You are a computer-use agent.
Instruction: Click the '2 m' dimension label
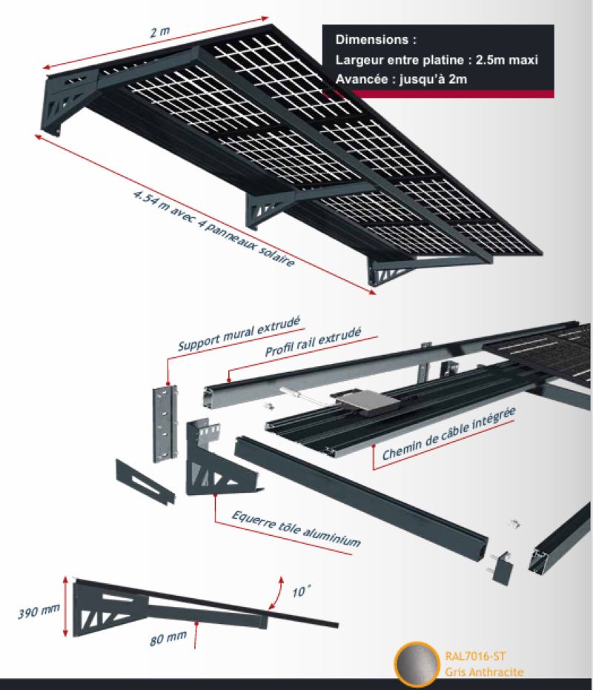click(159, 32)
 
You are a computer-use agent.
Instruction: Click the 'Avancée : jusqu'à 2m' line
click(401, 79)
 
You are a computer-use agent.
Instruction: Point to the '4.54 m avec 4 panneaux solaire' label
click(214, 228)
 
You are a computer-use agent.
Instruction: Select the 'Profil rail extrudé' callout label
click(313, 342)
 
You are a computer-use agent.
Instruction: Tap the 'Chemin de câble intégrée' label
click(448, 434)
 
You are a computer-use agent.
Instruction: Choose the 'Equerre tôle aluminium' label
click(296, 528)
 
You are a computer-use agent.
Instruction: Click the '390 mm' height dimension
click(39, 611)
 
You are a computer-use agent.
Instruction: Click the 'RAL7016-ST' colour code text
click(475, 657)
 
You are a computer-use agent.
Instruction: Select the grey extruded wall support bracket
click(165, 423)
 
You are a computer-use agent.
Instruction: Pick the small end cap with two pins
click(502, 568)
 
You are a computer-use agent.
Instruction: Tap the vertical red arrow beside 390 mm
click(65, 606)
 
